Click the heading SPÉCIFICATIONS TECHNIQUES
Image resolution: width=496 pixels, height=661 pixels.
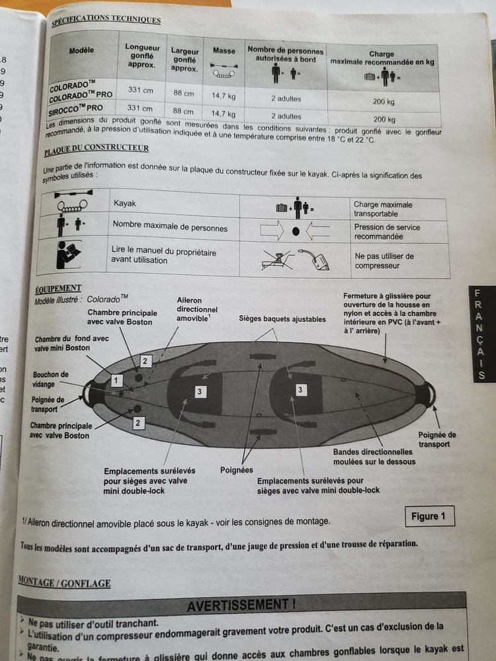tap(105, 20)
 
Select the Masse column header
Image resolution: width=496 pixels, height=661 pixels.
tap(224, 51)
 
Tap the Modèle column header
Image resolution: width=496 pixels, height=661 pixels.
tap(81, 50)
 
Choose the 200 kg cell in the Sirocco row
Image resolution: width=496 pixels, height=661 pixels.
tap(383, 120)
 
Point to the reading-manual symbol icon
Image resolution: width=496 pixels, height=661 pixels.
tap(67, 256)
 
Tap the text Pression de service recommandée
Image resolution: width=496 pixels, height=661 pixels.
tap(387, 232)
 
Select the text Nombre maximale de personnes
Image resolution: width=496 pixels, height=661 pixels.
tap(170, 228)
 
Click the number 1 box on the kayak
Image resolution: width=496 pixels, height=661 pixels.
tap(117, 380)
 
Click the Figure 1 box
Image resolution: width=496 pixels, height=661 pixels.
tap(429, 516)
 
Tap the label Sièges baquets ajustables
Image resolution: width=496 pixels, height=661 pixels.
tap(282, 319)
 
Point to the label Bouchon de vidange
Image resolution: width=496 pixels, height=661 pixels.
tap(51, 379)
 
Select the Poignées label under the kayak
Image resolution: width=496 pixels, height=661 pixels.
tap(236, 470)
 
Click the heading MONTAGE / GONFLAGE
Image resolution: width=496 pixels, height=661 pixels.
tap(64, 582)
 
